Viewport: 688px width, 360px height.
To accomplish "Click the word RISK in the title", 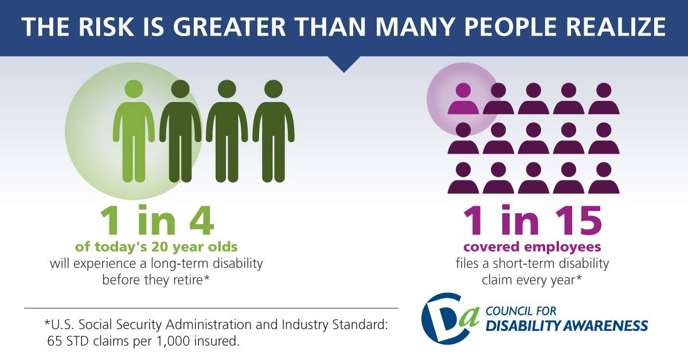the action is [106, 27].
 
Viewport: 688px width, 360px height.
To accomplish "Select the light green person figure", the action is [134, 131].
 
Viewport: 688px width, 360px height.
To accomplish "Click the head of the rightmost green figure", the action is [273, 89].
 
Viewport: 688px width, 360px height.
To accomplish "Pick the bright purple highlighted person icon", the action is [463, 99].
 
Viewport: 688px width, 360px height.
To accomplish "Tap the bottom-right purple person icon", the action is [604, 178].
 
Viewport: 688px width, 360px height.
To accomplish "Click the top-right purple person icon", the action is [604, 99].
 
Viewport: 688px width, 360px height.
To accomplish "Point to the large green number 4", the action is [201, 220].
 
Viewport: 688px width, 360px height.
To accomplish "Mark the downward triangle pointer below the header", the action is [344, 64].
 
